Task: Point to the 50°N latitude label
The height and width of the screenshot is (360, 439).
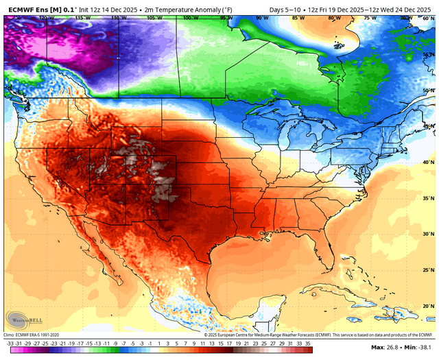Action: click(427, 90)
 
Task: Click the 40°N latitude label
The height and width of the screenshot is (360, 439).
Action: click(427, 163)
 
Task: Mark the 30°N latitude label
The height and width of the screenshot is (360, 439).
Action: click(427, 235)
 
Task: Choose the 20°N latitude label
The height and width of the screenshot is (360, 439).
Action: click(427, 306)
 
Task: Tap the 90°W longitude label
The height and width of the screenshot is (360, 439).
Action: click(261, 17)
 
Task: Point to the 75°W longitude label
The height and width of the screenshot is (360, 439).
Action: click(370, 17)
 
